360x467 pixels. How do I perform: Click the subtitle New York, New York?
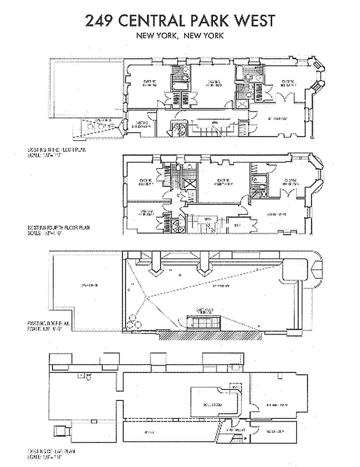pyautogui.click(x=180, y=37)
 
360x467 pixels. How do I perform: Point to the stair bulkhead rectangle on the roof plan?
pyautogui.click(x=202, y=321)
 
